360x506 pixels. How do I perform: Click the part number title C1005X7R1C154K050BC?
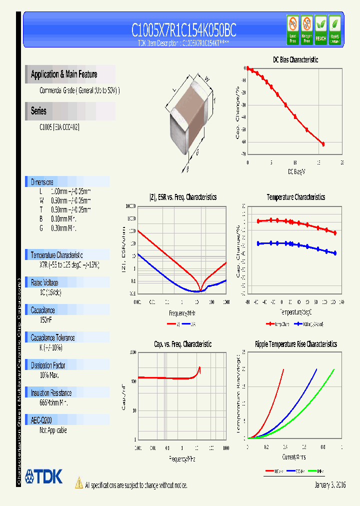[183, 30]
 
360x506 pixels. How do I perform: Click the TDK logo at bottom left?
[43, 476]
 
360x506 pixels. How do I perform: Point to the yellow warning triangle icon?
[78, 483]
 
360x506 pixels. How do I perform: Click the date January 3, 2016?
[330, 485]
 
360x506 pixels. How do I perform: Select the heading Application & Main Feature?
[64, 74]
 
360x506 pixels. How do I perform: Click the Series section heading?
[38, 111]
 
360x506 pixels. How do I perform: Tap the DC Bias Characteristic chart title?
[295, 59]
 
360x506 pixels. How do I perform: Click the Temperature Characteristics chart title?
[295, 197]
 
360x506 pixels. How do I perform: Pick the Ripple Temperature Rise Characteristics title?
[295, 344]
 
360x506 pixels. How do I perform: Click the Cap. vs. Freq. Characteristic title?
[182, 344]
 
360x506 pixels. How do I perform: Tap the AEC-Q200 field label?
[41, 420]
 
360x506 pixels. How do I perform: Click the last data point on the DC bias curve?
[323, 144]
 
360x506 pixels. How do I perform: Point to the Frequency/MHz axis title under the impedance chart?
[182, 313]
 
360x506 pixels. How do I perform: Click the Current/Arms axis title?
[294, 457]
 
